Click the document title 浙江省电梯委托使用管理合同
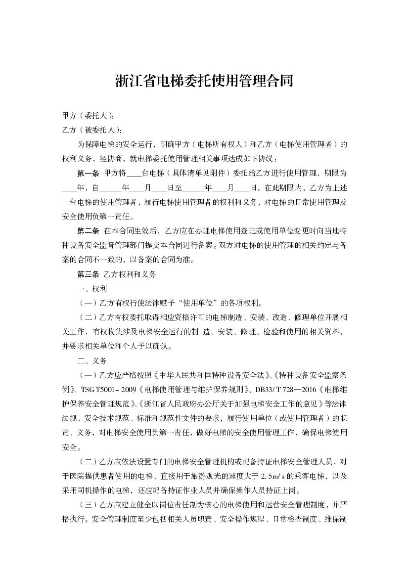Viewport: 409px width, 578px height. [204, 81]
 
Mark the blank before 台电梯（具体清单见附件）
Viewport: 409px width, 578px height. [134, 174]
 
